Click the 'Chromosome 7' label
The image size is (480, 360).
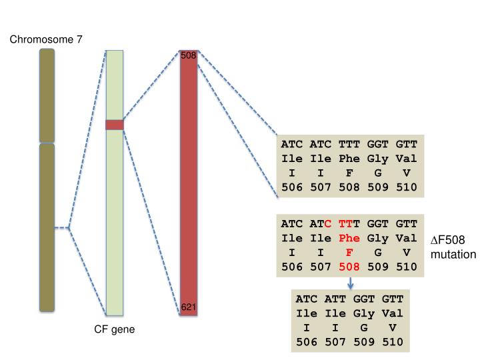pos(46,40)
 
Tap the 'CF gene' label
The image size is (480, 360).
pos(114,329)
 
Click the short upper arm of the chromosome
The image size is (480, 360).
pos(46,95)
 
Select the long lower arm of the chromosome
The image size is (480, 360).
pos(46,227)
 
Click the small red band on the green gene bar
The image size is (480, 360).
pos(115,125)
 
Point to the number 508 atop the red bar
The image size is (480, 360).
pos(189,55)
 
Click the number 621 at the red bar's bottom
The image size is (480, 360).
pos(189,307)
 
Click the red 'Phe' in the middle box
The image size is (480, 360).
pos(349,238)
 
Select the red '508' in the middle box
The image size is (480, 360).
pos(349,267)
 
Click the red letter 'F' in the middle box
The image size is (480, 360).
pos(349,253)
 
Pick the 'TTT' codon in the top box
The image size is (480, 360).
pos(349,144)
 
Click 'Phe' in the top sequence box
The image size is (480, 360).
pos(349,159)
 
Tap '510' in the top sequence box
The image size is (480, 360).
pos(406,188)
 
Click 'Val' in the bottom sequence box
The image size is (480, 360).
pos(393,313)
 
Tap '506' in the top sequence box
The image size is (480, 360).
pos(292,188)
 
